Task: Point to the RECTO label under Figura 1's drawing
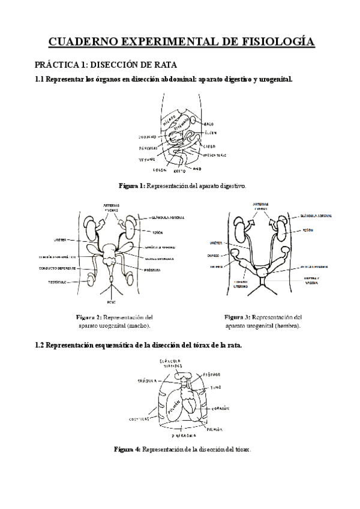coord(186,170)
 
